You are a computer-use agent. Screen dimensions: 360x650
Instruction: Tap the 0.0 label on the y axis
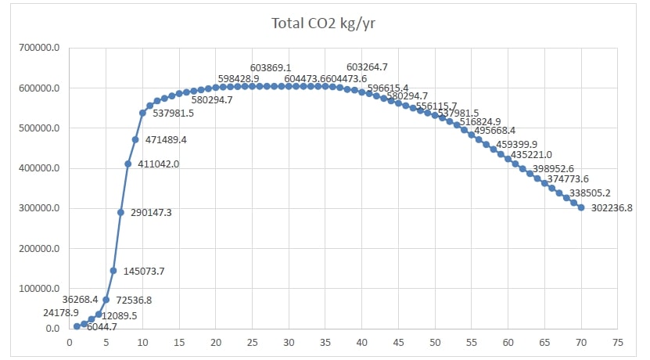pyautogui.click(x=52, y=329)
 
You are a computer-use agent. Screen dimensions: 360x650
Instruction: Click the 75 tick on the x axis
pyautogui.click(x=618, y=342)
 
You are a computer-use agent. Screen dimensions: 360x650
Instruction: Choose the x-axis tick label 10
pyautogui.click(x=142, y=342)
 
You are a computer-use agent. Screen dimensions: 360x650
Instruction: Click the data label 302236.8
pyautogui.click(x=612, y=208)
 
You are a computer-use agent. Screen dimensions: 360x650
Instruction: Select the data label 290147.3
pyautogui.click(x=150, y=212)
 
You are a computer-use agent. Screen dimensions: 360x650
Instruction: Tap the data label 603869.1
pyautogui.click(x=271, y=68)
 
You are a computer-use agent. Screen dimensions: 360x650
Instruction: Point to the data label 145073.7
pyautogui.click(x=143, y=271)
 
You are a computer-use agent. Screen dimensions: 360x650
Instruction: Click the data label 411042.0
pyautogui.click(x=157, y=164)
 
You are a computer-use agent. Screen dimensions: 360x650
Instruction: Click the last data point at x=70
pyautogui.click(x=581, y=207)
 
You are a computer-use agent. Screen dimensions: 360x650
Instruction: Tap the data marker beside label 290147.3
pyautogui.click(x=120, y=212)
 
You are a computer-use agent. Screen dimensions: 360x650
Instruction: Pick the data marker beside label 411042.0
pyautogui.click(x=128, y=164)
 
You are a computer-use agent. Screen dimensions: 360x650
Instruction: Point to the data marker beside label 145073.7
pyautogui.click(x=113, y=271)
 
